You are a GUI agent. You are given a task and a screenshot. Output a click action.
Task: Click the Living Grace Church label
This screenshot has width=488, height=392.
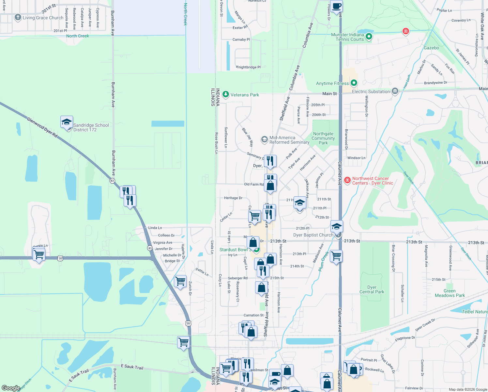click(x=43, y=18)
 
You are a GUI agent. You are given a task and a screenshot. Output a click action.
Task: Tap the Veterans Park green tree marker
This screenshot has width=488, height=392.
click(x=225, y=94)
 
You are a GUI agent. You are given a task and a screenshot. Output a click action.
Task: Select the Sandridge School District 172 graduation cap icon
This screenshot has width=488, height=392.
click(x=67, y=122)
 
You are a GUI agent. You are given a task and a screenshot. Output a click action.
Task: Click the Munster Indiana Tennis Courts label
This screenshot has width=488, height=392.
click(x=347, y=37)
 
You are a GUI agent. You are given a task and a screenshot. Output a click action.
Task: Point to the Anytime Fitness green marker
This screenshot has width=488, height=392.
click(x=354, y=83)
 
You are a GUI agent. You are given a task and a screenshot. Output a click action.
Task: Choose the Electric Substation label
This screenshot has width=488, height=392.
click(x=371, y=91)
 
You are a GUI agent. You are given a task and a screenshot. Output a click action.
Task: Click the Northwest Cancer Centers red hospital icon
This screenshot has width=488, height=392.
click(x=347, y=180)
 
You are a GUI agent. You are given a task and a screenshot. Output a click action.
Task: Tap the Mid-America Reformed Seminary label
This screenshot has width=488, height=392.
click(x=289, y=140)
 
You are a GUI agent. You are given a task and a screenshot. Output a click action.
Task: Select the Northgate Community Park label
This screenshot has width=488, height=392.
click(x=323, y=138)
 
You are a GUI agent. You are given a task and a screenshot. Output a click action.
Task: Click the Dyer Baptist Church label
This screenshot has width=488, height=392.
click(x=313, y=235)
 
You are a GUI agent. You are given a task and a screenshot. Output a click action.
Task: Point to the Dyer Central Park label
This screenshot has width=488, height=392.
click(x=372, y=289)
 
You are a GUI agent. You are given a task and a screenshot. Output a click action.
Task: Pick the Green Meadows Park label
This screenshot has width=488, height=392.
click(x=450, y=293)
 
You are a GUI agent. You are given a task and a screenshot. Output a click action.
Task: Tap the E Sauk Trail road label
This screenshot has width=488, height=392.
click(x=132, y=367)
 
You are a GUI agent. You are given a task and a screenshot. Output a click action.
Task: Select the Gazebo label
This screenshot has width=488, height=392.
click(x=431, y=48)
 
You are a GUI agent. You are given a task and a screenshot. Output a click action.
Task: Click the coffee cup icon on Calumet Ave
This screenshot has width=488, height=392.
click(x=336, y=6)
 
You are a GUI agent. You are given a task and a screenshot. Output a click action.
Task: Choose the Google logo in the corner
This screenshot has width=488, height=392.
click(x=11, y=388)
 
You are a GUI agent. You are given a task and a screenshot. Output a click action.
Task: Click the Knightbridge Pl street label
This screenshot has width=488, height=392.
click(x=248, y=67)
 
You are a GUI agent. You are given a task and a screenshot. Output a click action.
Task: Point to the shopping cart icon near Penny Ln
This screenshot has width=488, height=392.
click(x=39, y=254)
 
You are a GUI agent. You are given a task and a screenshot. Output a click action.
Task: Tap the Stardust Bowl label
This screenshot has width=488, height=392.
click(x=234, y=250)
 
